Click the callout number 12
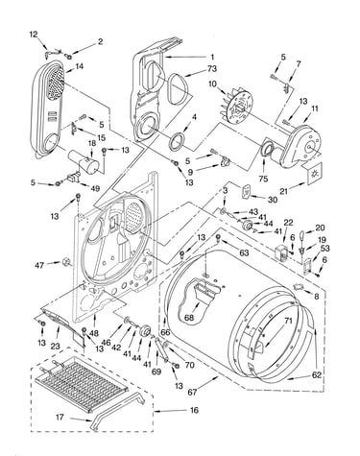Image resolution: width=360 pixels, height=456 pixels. (x=34, y=35)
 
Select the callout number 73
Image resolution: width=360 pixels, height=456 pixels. (x=212, y=68)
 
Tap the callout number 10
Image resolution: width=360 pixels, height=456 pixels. (x=213, y=84)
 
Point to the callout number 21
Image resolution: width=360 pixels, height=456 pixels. (x=284, y=191)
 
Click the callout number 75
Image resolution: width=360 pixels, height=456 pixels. (x=263, y=179)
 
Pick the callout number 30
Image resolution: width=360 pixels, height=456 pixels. (x=273, y=200)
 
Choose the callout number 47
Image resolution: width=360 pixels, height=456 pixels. (x=39, y=265)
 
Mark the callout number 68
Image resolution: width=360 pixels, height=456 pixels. (x=189, y=318)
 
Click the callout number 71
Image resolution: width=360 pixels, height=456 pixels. (x=288, y=321)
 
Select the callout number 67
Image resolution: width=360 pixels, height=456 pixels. (x=192, y=392)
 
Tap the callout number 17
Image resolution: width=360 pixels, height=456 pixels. (x=60, y=418)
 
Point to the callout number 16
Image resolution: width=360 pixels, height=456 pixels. (x=194, y=410)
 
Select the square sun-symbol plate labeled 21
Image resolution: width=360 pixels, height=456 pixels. (x=314, y=175)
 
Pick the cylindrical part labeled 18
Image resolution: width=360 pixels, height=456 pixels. (x=84, y=161)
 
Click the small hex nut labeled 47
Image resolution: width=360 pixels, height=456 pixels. (x=66, y=262)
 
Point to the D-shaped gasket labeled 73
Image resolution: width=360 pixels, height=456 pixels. (x=177, y=88)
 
